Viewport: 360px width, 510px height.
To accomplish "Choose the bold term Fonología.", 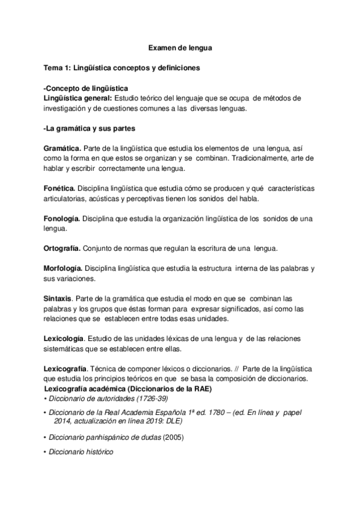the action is [x=62, y=219].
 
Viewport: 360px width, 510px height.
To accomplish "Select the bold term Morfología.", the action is [x=64, y=269].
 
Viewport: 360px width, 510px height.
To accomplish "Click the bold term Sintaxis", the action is [x=58, y=299].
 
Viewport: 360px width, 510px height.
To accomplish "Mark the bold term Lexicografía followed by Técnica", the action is [x=67, y=368].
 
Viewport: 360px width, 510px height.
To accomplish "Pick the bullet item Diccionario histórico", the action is [x=82, y=452].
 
